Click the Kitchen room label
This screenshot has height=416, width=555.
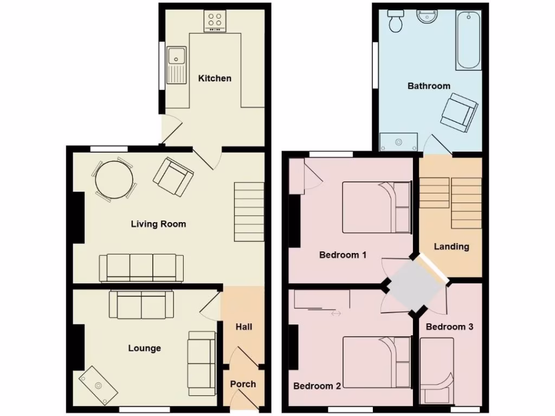pos(215,78)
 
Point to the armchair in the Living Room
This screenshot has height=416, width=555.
pos(173,177)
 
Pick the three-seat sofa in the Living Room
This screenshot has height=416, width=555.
pos(141,268)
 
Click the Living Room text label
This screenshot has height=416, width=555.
pos(158,224)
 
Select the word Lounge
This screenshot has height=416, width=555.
pos(144,348)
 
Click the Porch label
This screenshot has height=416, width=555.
pos(243,384)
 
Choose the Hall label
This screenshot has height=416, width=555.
pos(243,327)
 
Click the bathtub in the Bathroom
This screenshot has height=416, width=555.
pos(468,41)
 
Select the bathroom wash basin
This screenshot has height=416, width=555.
pos(428,18)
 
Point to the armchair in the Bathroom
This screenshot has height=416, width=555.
pos(459,112)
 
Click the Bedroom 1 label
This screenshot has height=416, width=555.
pos(343,255)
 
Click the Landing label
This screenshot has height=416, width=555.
pos(451,246)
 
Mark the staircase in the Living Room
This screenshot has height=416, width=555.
pos(249,211)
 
